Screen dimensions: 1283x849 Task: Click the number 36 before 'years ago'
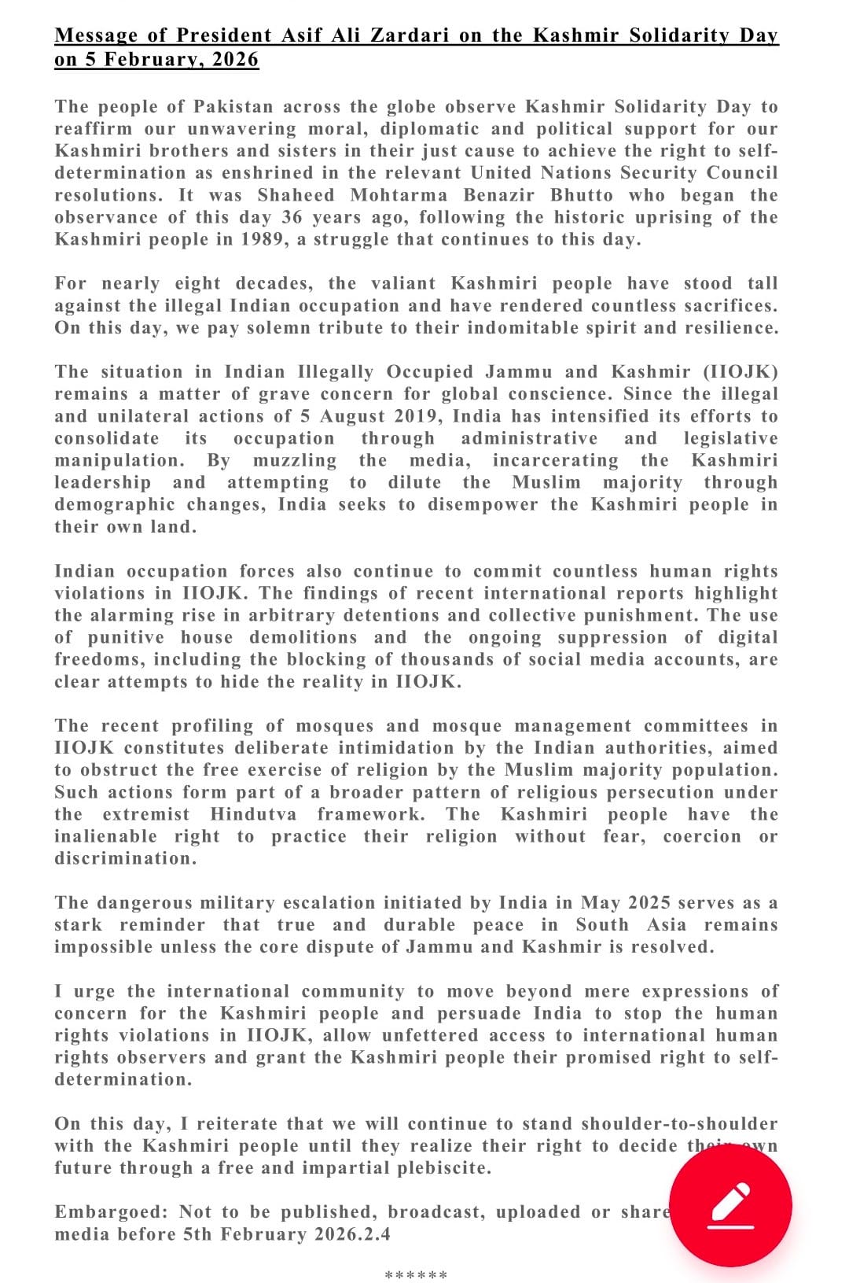coord(291,217)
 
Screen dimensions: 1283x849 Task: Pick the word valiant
coord(399,283)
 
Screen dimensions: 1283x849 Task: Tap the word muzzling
coord(295,460)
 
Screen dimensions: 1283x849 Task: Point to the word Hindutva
coord(253,814)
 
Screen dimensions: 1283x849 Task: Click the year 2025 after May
coord(636,902)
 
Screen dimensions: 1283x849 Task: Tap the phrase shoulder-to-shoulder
coord(679,1123)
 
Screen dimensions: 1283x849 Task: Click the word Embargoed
coord(111,1211)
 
